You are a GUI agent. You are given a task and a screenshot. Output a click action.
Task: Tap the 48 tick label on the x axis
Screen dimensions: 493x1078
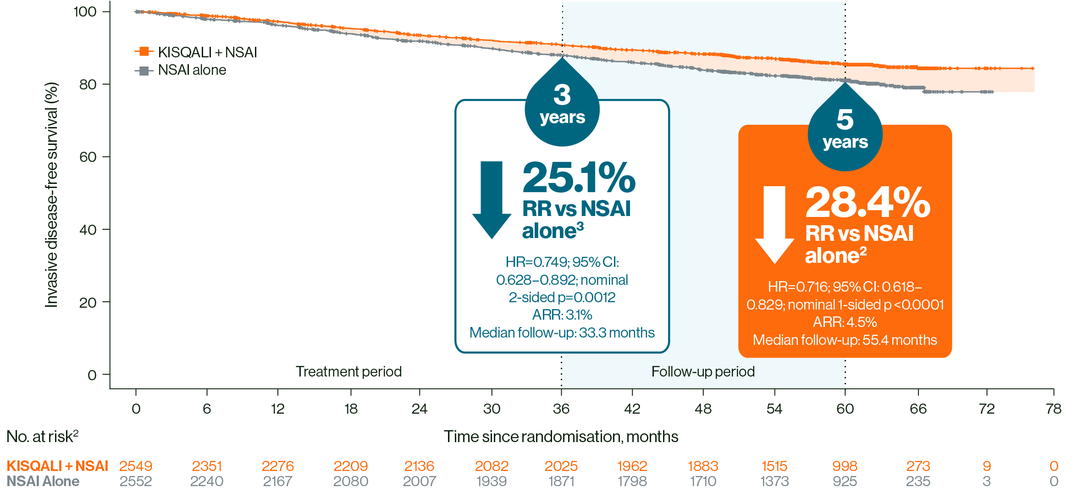703,409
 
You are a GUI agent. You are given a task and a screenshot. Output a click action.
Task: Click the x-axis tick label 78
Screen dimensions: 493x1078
1054,409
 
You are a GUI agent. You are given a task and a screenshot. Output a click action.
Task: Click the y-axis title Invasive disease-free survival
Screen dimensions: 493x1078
52,194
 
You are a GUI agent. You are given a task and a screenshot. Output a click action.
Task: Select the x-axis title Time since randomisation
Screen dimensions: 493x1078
561,437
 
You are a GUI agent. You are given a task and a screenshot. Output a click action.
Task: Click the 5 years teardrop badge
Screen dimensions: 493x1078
845,131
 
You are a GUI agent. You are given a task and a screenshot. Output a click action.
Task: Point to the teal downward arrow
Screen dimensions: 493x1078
492,199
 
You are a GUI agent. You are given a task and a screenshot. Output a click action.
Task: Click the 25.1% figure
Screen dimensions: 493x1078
579,178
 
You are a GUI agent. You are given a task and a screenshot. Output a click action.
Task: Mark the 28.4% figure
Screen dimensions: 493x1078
868,203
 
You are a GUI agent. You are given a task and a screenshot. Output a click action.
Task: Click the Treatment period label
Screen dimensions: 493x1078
348,371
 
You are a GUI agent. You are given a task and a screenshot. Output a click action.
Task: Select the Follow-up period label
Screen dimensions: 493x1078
703,371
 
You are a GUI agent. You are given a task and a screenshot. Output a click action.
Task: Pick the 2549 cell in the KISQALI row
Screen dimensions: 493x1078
136,466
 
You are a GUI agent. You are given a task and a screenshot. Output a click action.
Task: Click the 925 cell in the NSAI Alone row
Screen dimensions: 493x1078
845,482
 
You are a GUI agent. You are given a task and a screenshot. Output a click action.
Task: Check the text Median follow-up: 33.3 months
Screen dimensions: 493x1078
562,332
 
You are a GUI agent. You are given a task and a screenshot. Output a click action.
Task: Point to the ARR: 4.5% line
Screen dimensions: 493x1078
845,322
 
